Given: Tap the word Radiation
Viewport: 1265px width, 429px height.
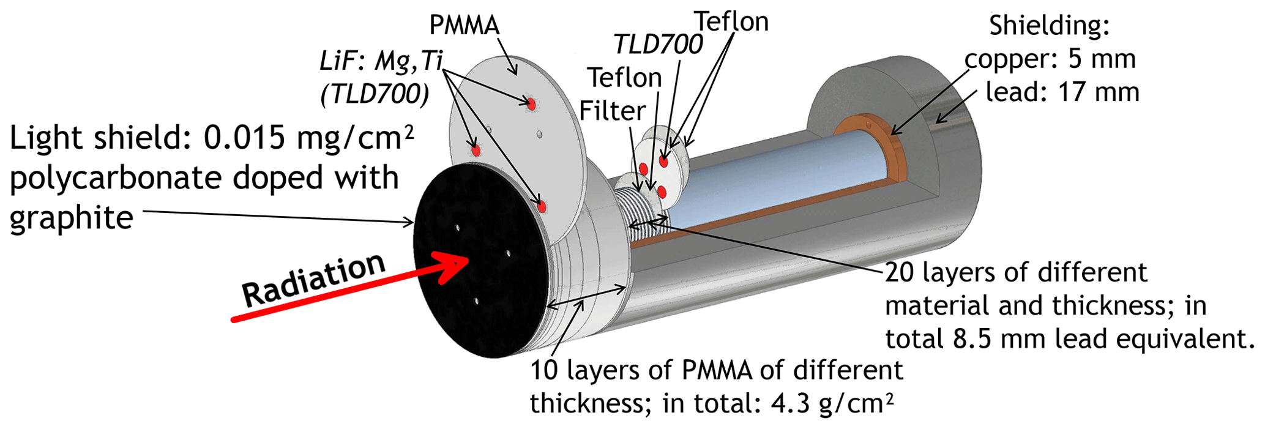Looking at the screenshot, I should point(313,280).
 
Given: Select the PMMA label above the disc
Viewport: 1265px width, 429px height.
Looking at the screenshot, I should point(465,25).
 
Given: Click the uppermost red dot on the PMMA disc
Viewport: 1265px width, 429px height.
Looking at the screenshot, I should point(531,104).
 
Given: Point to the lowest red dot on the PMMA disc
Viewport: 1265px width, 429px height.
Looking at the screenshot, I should point(542,207).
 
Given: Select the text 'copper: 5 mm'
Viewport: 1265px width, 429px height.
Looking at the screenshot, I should point(1050,59).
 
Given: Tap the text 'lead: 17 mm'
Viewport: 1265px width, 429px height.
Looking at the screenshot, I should point(1062,92).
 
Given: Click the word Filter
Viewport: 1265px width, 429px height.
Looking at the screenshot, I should point(612,111).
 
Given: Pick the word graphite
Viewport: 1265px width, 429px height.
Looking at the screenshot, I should point(71,218).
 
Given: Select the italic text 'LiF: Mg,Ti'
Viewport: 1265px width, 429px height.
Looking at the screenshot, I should point(381,61).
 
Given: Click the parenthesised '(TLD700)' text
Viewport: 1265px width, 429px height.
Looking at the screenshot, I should point(375,94).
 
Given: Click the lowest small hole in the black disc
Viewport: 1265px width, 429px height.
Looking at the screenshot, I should point(476,301).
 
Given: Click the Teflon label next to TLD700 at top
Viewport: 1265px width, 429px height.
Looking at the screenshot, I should point(731,22).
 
